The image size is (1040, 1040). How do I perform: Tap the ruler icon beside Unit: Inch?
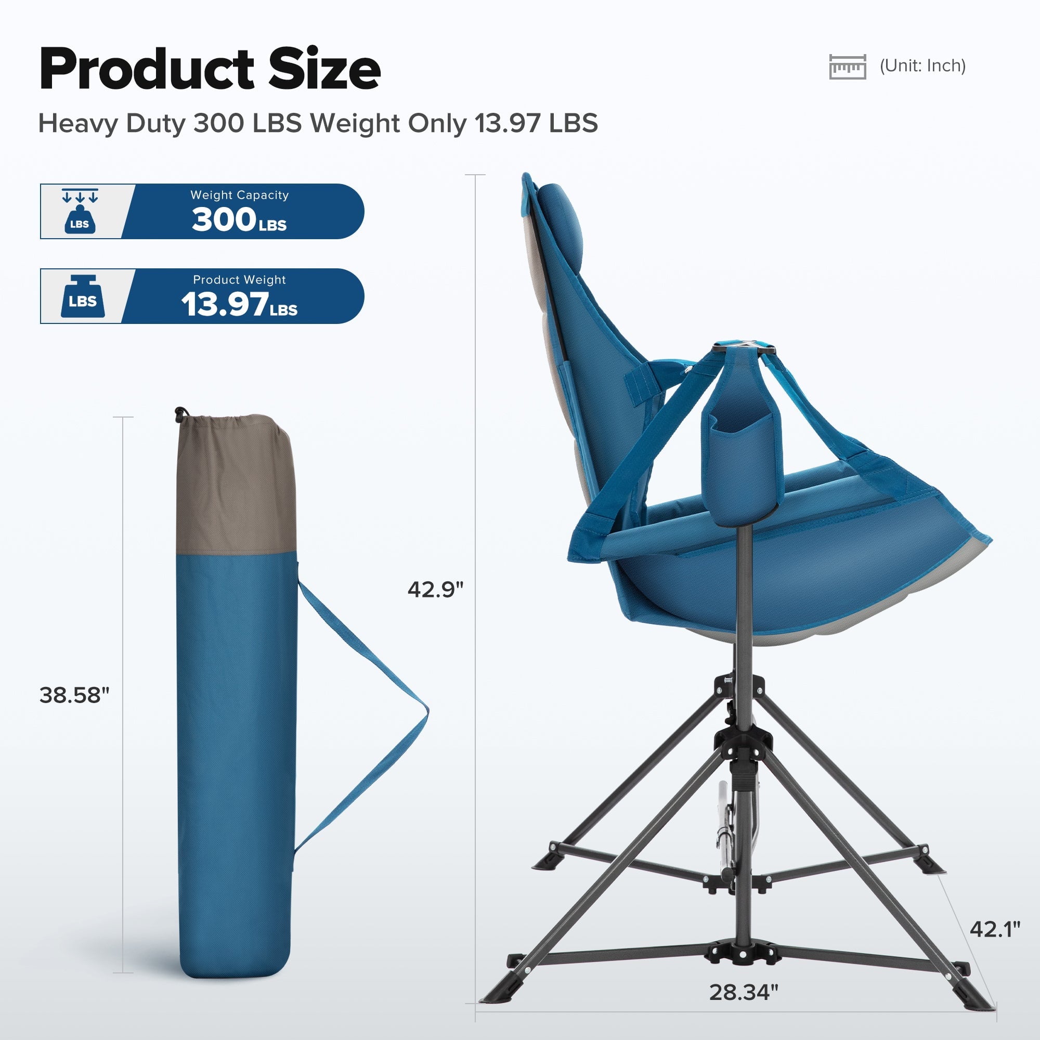tap(847, 66)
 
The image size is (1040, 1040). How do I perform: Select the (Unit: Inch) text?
tap(922, 66)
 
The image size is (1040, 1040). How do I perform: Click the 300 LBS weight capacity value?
tap(239, 220)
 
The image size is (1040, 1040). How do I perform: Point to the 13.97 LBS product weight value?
tap(239, 305)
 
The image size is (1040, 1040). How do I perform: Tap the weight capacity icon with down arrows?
tap(80, 211)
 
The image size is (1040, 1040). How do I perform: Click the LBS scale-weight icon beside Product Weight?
tap(82, 296)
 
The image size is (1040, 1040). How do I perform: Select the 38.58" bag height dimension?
tap(74, 695)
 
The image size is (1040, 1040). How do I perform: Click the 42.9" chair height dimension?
tap(435, 590)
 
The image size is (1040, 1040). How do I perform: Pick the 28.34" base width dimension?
tap(744, 992)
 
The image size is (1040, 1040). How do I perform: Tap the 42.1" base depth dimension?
tap(995, 929)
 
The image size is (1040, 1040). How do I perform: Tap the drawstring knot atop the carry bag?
tap(180, 413)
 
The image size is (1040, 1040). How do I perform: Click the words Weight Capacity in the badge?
tap(240, 195)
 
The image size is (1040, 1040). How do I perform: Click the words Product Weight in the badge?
tap(240, 279)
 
